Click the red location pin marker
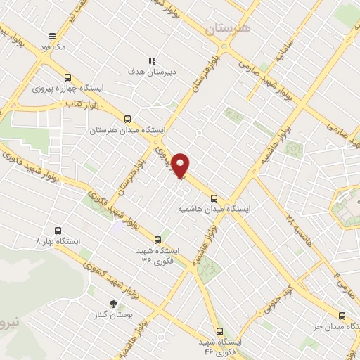click(181, 165)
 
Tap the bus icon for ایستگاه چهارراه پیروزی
click(68, 78)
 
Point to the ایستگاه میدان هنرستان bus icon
click(127, 120)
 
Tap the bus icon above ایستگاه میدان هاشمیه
click(214, 198)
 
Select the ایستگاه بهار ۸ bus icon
click(58, 231)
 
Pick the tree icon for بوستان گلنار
click(113, 304)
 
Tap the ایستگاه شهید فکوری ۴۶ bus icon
click(220, 330)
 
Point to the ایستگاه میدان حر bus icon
click(342, 316)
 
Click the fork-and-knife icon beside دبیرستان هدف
click(152, 61)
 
